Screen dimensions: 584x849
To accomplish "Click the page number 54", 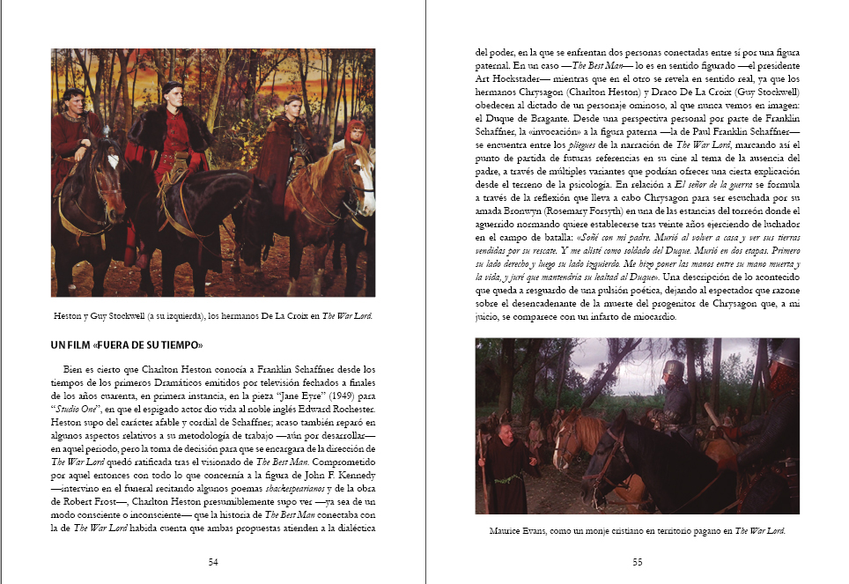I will click(213, 562).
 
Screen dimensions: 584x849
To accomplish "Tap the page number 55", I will click(637, 562).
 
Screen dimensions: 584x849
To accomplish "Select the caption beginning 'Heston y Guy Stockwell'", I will click(213, 314).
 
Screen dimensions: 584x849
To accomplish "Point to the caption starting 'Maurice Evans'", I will click(637, 531).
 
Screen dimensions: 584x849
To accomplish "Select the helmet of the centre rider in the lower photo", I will click(673, 369).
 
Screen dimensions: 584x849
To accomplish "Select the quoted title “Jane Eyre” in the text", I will click(292, 397).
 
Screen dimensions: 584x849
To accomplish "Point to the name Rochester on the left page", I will click(349, 410).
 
